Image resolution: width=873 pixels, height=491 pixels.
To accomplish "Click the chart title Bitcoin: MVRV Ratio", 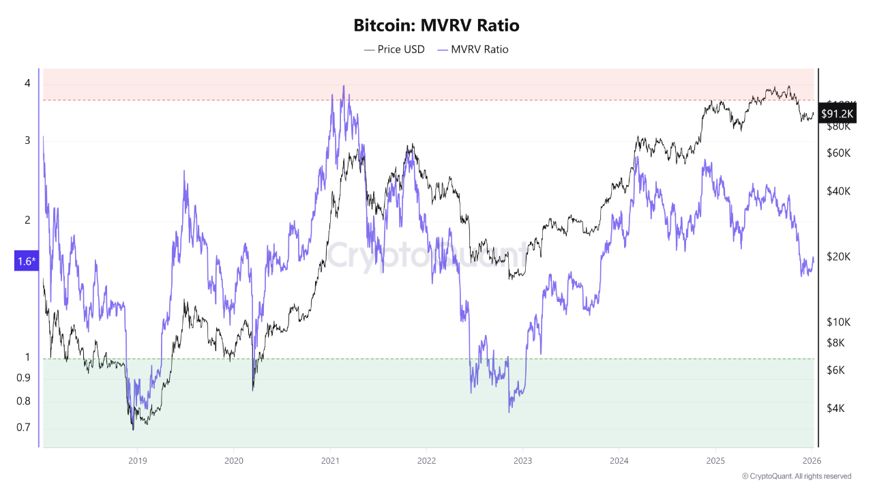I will tap(436, 26).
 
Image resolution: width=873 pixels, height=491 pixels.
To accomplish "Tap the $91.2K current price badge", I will tap(837, 114).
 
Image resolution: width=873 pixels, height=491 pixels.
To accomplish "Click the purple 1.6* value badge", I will tap(25, 261).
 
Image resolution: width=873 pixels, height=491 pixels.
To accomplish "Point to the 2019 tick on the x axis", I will tap(137, 460).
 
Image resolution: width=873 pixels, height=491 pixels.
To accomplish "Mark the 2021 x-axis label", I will tap(330, 460).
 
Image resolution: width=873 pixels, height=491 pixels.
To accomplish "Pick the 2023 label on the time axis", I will tap(522, 460).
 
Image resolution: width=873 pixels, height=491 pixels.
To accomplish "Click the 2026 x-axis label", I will tap(812, 460).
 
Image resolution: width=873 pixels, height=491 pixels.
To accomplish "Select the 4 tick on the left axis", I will tap(27, 83).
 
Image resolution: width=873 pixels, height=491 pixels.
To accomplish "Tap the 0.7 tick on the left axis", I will tap(23, 428).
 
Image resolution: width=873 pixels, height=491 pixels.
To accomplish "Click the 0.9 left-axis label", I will tap(23, 378).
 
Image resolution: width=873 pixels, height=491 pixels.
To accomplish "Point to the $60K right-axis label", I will tap(838, 153).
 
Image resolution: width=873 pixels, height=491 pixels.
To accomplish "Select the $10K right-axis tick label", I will tap(838, 321).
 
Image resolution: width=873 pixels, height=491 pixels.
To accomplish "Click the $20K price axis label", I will tap(838, 256).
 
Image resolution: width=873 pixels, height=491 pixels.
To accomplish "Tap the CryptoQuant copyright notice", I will tap(796, 476).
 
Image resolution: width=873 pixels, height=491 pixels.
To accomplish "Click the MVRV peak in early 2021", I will tap(343, 86).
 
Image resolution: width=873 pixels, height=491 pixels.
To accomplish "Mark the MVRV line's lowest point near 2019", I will tap(133, 428).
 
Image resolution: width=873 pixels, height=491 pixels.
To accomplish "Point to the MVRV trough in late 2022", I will tap(509, 412).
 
